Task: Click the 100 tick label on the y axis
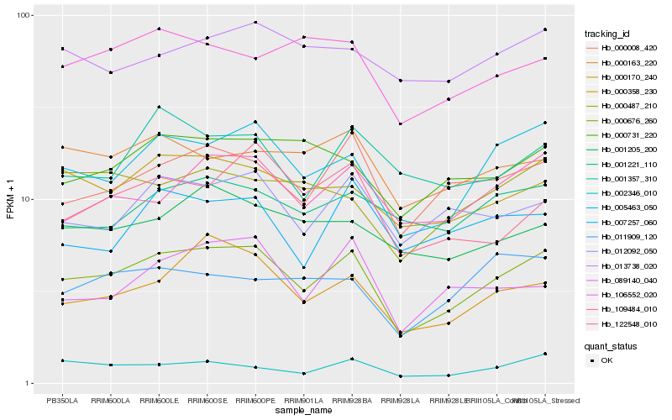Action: pos(24,16)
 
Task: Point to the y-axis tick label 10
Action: pos(26,200)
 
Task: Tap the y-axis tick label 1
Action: pos(29,384)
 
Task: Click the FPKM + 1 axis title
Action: pos(10,200)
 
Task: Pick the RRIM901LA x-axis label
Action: pos(302,400)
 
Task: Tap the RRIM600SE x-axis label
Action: pos(206,400)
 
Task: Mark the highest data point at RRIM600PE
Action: pos(255,23)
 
